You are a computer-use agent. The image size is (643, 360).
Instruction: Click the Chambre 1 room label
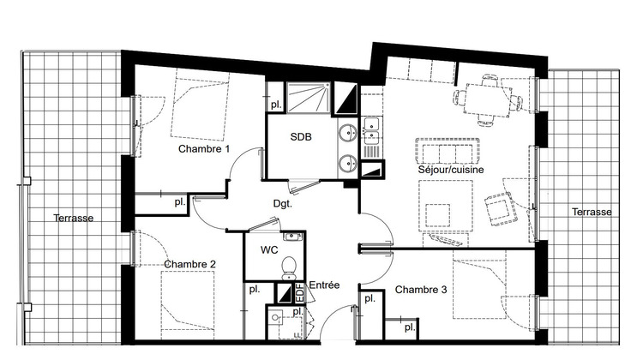204,148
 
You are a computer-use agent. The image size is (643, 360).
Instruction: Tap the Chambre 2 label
189,264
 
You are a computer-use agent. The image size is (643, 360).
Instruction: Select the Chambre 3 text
421,290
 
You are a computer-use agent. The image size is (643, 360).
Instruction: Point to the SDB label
300,137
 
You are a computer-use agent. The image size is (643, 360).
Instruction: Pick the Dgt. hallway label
282,204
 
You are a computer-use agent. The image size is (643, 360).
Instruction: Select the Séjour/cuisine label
451,170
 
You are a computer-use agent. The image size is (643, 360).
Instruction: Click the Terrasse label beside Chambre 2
72,218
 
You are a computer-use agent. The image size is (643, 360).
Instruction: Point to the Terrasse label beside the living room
592,212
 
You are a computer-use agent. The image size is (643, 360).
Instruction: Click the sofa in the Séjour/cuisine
446,152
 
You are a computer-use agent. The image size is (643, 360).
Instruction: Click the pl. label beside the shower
275,104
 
